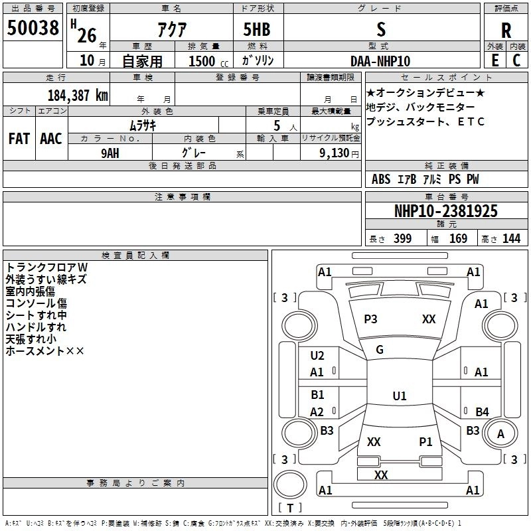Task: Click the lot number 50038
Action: click(33, 27)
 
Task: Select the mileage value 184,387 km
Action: click(78, 96)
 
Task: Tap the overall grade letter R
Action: click(506, 31)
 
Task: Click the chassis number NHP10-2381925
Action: click(446, 211)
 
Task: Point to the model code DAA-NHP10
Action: click(380, 61)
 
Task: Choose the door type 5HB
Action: click(257, 29)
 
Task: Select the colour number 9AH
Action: click(110, 153)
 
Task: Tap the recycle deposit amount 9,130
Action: click(335, 153)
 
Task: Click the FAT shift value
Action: click(19, 139)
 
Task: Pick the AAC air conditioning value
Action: click(51, 139)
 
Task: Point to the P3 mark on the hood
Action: click(370, 319)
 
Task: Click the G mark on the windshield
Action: click(380, 350)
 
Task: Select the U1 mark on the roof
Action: click(400, 396)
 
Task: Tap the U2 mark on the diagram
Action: click(317, 356)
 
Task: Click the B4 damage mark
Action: click(483, 412)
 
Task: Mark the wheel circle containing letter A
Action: click(500, 434)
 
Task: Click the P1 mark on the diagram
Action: click(425, 442)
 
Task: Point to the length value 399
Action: click(403, 239)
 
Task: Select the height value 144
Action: click(511, 239)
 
